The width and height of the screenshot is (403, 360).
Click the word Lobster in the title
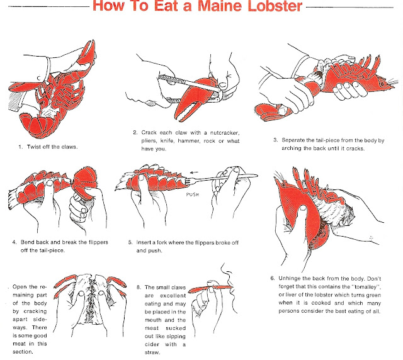coord(270,9)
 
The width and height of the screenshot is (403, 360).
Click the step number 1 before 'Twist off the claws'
coord(21,147)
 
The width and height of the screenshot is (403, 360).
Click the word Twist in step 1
coord(37,147)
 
